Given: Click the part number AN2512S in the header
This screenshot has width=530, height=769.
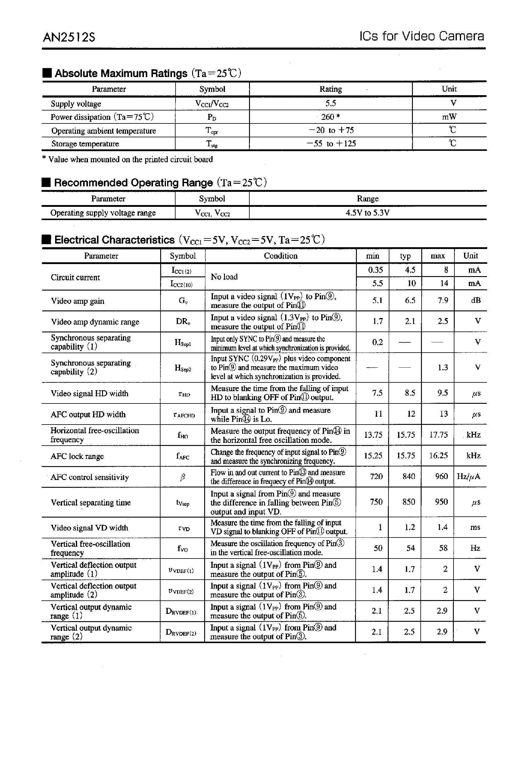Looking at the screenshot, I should click(x=69, y=37).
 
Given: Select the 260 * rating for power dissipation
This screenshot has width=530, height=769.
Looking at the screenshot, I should click(x=330, y=117).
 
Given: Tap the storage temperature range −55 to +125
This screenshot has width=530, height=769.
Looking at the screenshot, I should click(x=331, y=143).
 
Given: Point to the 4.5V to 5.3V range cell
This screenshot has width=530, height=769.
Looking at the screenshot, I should click(x=367, y=213).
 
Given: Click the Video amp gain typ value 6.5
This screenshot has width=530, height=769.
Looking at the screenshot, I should click(x=410, y=300).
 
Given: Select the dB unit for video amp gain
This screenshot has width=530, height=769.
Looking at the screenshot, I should click(x=475, y=300).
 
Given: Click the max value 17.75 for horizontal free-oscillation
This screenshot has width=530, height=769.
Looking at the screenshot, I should click(x=438, y=435).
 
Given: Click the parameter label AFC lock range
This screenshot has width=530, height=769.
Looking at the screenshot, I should click(x=77, y=456).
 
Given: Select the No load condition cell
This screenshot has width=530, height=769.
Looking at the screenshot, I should click(x=224, y=277).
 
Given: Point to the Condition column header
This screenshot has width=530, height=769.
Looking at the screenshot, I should click(x=281, y=256).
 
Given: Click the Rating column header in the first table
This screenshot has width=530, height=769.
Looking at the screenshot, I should click(x=330, y=89).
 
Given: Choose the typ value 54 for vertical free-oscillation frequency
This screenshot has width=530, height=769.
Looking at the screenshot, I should click(x=410, y=548).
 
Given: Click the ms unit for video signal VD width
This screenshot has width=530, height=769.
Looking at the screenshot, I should click(x=475, y=527).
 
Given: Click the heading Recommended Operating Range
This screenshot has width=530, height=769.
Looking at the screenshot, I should click(x=133, y=183).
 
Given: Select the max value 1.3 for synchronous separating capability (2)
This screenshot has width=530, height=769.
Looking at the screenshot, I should click(x=443, y=368).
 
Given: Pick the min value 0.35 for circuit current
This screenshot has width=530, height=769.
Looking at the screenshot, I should click(x=375, y=270).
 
